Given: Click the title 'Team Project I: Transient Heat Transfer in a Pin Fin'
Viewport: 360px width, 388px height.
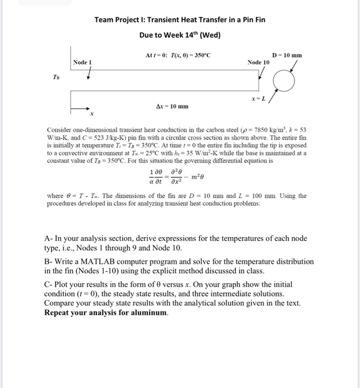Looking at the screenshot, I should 179,20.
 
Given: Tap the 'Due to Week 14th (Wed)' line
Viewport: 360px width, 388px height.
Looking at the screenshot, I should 179,35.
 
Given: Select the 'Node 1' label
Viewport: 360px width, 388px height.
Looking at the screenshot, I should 82,62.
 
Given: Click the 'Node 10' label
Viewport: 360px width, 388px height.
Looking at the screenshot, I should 259,62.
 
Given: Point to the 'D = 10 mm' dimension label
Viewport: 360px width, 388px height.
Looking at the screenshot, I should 287,55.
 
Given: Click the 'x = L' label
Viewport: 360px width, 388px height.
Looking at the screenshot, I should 258,98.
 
